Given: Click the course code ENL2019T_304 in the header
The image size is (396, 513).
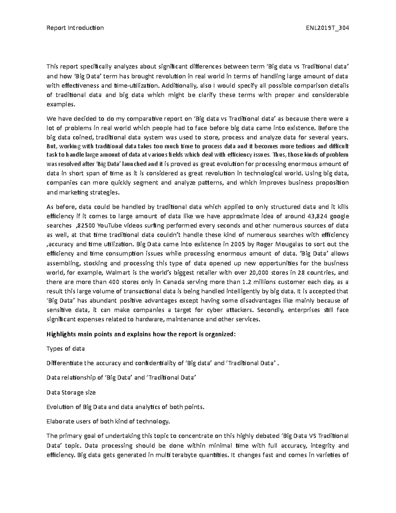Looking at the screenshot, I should [x=327, y=28].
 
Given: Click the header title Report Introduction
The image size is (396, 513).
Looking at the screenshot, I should [x=75, y=28].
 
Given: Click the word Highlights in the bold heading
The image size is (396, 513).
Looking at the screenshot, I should [x=61, y=334].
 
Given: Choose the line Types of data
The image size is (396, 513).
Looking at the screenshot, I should [x=66, y=348].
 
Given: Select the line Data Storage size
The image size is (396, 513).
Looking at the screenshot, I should [x=71, y=392].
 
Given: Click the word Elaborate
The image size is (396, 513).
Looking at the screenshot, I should [x=60, y=421].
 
